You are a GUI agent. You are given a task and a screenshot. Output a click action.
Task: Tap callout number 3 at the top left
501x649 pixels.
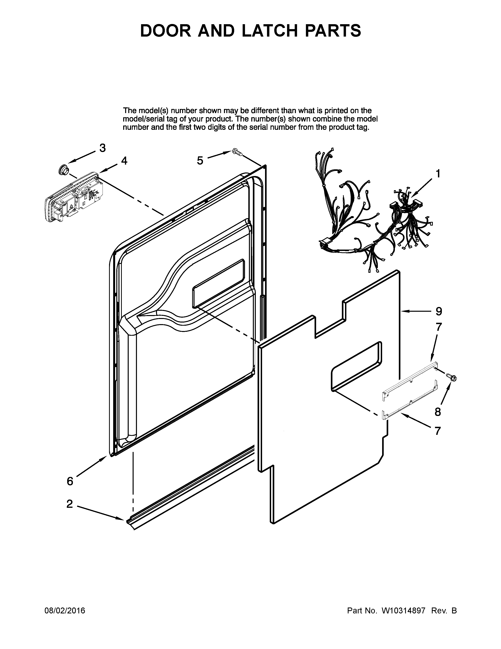(102, 148)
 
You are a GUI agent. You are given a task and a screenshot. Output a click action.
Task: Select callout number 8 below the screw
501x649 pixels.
(438, 412)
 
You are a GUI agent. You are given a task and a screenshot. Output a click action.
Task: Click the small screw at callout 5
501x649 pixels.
(238, 152)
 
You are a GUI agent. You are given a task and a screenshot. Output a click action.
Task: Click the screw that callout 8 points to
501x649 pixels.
(453, 378)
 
